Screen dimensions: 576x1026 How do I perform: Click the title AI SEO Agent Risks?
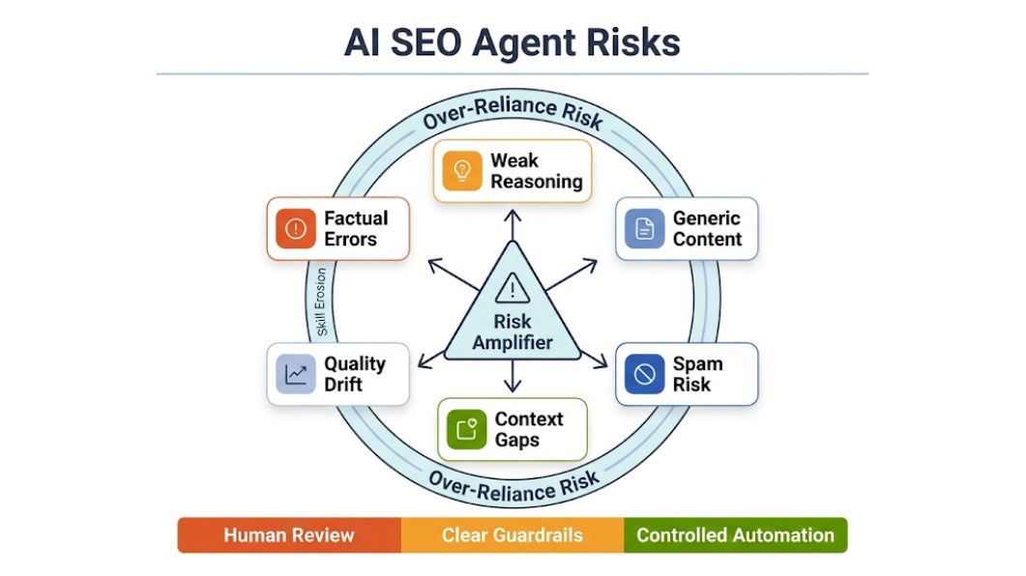pos(513,43)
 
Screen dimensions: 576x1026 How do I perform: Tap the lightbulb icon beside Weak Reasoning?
pos(462,171)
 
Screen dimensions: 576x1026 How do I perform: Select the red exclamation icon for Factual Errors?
pos(295,229)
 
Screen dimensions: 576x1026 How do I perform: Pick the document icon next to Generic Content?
pos(644,229)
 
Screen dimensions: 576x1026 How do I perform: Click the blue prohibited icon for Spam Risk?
pos(644,374)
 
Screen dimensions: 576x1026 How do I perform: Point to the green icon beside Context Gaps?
pos(466,430)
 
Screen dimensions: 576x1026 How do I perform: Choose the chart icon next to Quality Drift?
pos(296,374)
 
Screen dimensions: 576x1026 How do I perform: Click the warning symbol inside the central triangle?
pos(513,287)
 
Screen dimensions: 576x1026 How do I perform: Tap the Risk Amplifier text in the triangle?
pos(513,331)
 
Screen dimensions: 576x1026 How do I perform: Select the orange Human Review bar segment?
pos(289,534)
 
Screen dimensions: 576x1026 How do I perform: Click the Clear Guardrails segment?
pos(513,534)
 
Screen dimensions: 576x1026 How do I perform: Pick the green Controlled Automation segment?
pos(735,534)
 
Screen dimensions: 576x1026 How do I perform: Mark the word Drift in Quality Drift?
pos(343,385)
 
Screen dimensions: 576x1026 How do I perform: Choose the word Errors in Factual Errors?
pos(350,240)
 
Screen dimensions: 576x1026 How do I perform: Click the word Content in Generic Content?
pos(707,240)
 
